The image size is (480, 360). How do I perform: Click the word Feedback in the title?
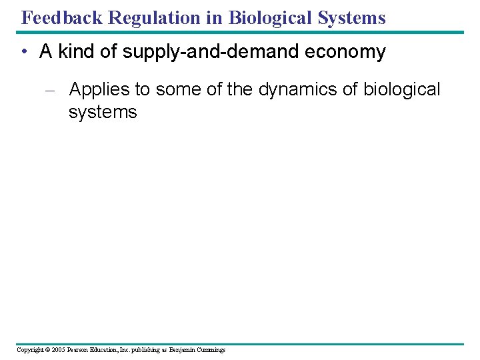point(61,17)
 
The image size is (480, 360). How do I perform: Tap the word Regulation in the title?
point(157,17)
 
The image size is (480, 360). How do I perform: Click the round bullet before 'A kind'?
point(24,53)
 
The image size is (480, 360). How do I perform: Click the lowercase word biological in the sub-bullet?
point(402,89)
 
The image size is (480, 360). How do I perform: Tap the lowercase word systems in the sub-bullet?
point(102,112)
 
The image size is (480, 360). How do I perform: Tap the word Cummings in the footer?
point(212,350)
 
